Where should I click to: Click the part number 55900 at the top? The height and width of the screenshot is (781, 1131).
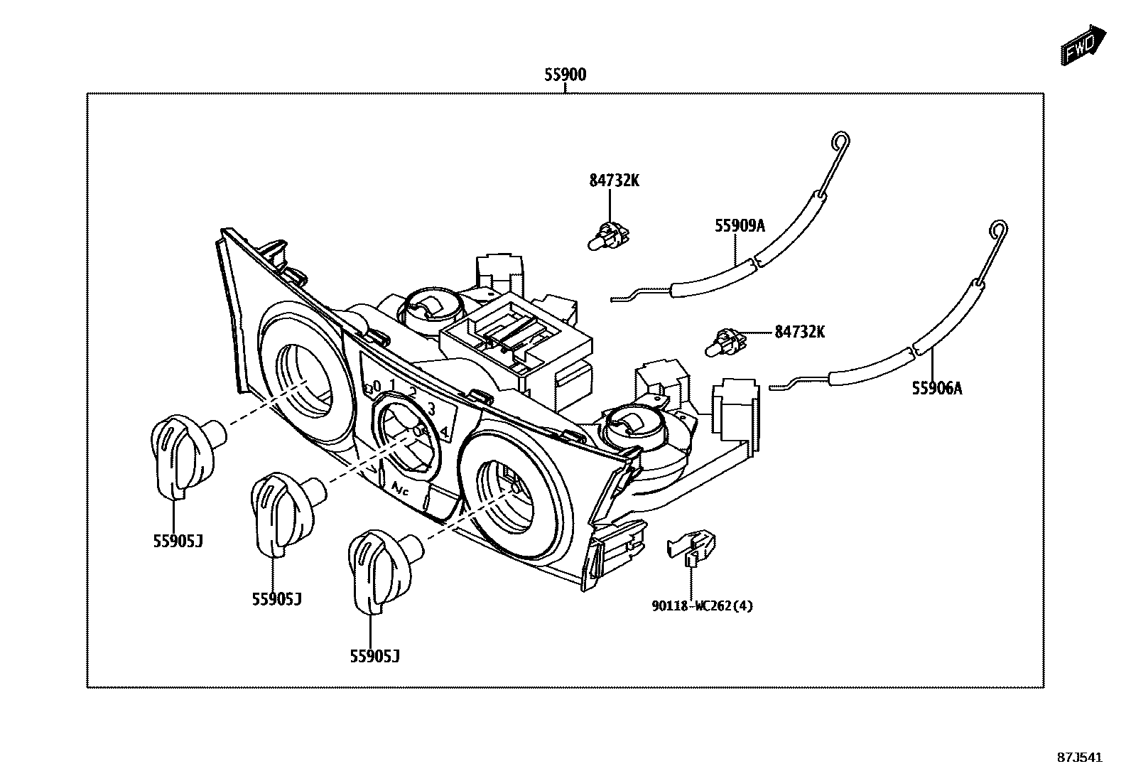pos(565,74)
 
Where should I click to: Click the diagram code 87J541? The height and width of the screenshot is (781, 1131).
pos(1079,758)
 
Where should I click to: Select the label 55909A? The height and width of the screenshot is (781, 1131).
pos(740,226)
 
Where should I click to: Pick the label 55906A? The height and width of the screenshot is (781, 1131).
pos(937,388)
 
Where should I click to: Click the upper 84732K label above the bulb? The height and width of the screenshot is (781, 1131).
pos(614,181)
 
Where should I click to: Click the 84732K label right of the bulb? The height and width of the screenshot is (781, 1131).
pos(799,331)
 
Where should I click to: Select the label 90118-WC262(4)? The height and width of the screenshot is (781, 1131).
pos(702,605)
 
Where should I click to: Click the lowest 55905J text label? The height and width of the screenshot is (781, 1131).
pos(374,657)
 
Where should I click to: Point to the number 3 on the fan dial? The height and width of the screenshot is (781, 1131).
pos(431,408)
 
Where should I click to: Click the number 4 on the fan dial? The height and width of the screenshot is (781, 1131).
pos(444,431)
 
